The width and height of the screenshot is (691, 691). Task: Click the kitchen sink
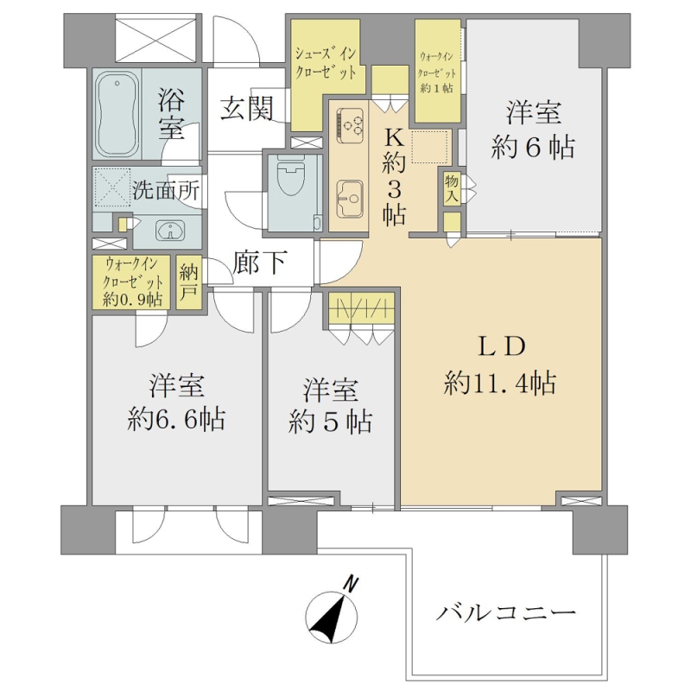(350, 200)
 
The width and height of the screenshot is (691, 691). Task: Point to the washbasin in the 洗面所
(170, 230)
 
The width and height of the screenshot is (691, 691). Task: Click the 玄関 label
(247, 109)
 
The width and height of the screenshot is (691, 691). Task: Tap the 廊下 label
(260, 263)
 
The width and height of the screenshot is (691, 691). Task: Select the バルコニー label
(506, 613)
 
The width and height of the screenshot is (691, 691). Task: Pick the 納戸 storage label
(189, 282)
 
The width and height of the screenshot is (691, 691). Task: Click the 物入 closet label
(452, 189)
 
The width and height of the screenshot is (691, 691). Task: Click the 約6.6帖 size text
(176, 420)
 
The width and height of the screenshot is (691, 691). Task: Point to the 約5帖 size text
(331, 422)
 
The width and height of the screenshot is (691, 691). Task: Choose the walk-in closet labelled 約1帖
(438, 72)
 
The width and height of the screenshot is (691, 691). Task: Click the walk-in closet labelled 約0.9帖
(131, 282)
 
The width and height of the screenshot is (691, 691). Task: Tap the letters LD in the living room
(502, 346)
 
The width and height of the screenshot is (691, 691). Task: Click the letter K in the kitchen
(395, 139)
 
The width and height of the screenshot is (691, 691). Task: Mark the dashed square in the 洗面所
(113, 187)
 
